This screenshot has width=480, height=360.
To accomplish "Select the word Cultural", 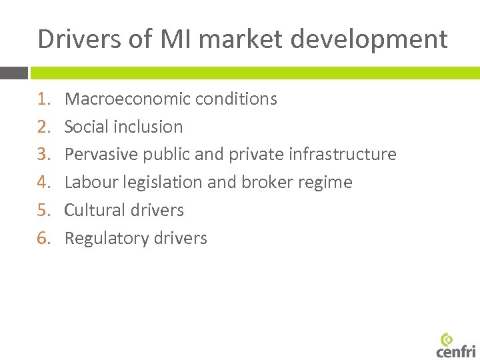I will [x=93, y=211].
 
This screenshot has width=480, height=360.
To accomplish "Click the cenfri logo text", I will [x=456, y=351].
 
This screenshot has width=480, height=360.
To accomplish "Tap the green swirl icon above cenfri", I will [x=447, y=338].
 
